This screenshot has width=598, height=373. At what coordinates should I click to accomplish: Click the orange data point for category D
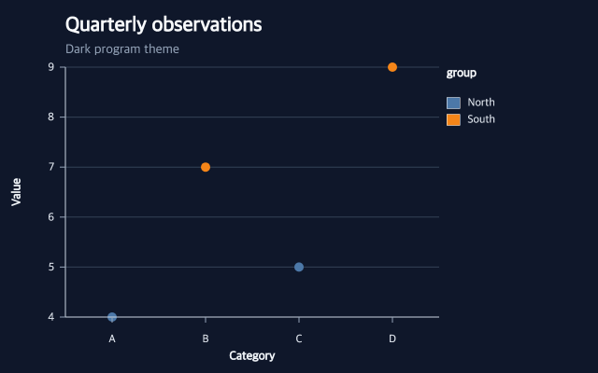coord(392,67)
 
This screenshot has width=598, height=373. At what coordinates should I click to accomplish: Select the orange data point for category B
coord(206,167)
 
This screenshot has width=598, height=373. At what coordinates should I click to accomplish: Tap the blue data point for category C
coord(299,268)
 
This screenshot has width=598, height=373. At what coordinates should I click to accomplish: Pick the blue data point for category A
coord(112,317)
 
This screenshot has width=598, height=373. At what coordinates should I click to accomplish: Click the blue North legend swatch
coord(453,103)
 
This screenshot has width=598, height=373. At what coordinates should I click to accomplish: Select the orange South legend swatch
coord(453,119)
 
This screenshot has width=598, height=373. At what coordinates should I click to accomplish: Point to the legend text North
coord(481,103)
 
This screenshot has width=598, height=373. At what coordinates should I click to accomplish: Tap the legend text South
coord(481,119)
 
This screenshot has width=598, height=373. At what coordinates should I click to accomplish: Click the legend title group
coord(462,73)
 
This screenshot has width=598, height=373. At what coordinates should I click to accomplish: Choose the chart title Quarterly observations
coord(164,25)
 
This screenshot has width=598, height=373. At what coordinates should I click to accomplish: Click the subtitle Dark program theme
coord(122,49)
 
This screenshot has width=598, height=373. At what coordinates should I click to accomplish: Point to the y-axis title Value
coord(16,192)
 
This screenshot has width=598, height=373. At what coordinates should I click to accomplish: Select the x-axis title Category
coord(252,356)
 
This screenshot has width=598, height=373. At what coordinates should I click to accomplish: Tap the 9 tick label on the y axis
coord(51,67)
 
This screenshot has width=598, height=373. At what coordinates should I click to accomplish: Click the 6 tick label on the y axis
coord(51,217)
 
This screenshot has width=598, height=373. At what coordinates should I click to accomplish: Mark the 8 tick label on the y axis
coord(51,117)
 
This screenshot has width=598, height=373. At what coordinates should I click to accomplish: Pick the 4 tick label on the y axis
coord(51,317)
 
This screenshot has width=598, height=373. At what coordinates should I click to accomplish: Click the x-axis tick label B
coord(206,338)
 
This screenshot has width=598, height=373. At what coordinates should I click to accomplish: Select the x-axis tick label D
coord(392,338)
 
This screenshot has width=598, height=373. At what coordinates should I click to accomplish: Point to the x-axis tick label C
coord(299,338)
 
